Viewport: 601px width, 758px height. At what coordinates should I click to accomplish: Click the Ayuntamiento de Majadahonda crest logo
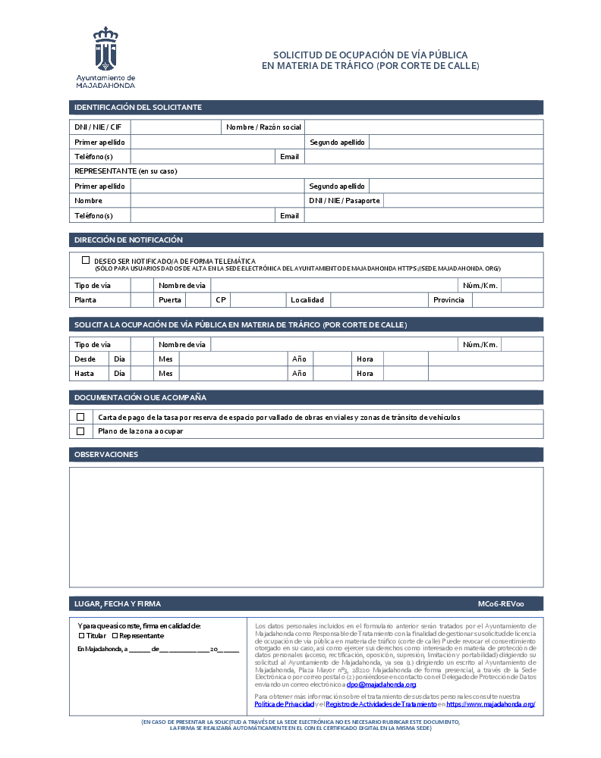click(x=105, y=49)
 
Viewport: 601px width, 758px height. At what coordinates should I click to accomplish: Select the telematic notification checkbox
click(x=86, y=260)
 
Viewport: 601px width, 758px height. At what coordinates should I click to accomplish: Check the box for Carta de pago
click(x=80, y=417)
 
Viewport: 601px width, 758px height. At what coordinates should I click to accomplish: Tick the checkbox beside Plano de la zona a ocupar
click(x=80, y=431)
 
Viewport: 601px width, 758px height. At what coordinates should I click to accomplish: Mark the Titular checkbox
click(x=82, y=636)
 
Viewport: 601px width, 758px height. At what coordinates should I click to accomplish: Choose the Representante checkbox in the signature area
click(x=115, y=636)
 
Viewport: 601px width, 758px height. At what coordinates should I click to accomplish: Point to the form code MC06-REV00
click(x=500, y=604)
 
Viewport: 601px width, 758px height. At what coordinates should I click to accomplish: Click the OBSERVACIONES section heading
click(x=106, y=455)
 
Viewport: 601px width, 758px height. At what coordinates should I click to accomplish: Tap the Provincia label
click(x=448, y=300)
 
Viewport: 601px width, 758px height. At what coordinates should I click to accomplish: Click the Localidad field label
click(x=307, y=300)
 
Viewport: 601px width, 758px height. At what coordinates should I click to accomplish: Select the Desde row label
click(x=85, y=359)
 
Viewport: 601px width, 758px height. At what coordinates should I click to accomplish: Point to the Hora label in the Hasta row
click(x=365, y=373)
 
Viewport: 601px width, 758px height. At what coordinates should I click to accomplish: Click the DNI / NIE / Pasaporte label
click(x=345, y=201)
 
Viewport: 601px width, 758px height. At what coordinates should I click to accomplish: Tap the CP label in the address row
click(x=221, y=300)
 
